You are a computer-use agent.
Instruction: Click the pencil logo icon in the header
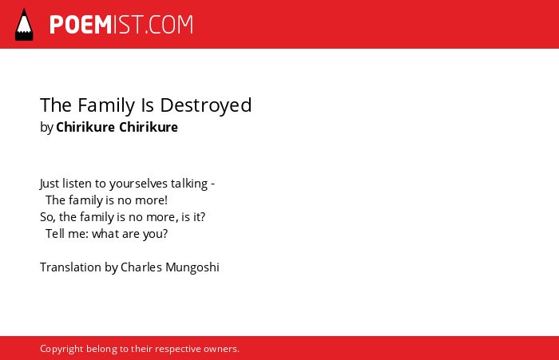point(24,24)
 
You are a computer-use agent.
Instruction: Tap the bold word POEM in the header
point(81,25)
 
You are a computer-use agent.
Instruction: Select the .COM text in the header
point(169,25)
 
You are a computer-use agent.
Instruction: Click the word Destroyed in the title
point(206,105)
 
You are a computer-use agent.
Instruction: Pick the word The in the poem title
point(57,105)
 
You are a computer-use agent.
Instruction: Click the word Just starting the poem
point(50,184)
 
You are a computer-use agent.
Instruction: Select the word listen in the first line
point(77,184)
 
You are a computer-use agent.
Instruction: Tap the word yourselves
point(138,184)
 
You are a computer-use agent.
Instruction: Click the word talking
point(189,184)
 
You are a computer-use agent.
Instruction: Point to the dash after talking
point(213,184)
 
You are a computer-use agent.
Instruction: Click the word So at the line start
point(47,217)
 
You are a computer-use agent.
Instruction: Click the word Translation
point(70,267)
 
